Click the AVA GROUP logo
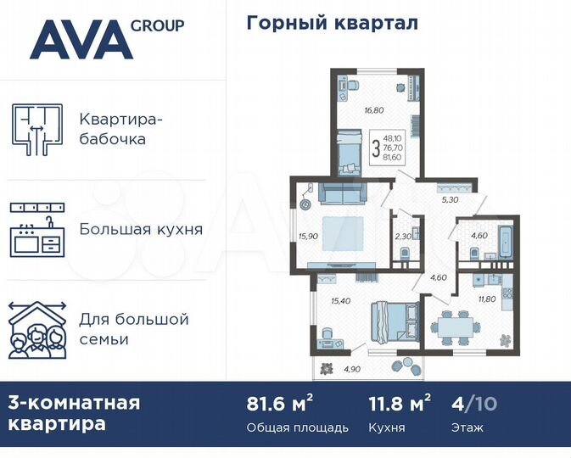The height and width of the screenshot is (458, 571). pos(106,37)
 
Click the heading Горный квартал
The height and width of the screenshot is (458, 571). pos(332,23)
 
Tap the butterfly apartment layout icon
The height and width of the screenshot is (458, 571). pos(36,128)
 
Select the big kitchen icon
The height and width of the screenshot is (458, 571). pos(36,229)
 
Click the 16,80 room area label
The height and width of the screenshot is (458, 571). pos(374,109)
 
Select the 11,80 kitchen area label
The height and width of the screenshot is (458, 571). pos(488,298)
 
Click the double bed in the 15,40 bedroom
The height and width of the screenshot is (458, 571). pos(393,321)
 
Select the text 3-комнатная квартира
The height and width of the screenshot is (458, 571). pos(75,412)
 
